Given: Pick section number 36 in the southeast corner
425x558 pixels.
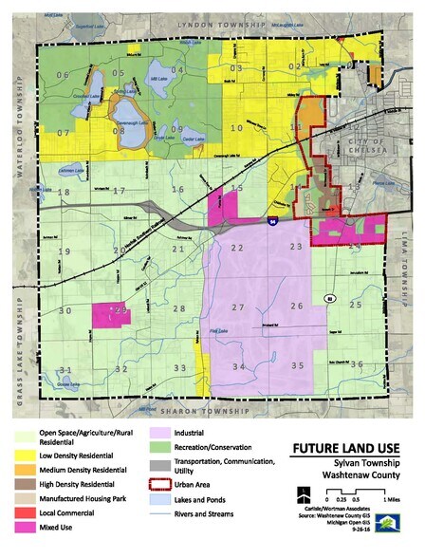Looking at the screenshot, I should [x=357, y=364].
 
